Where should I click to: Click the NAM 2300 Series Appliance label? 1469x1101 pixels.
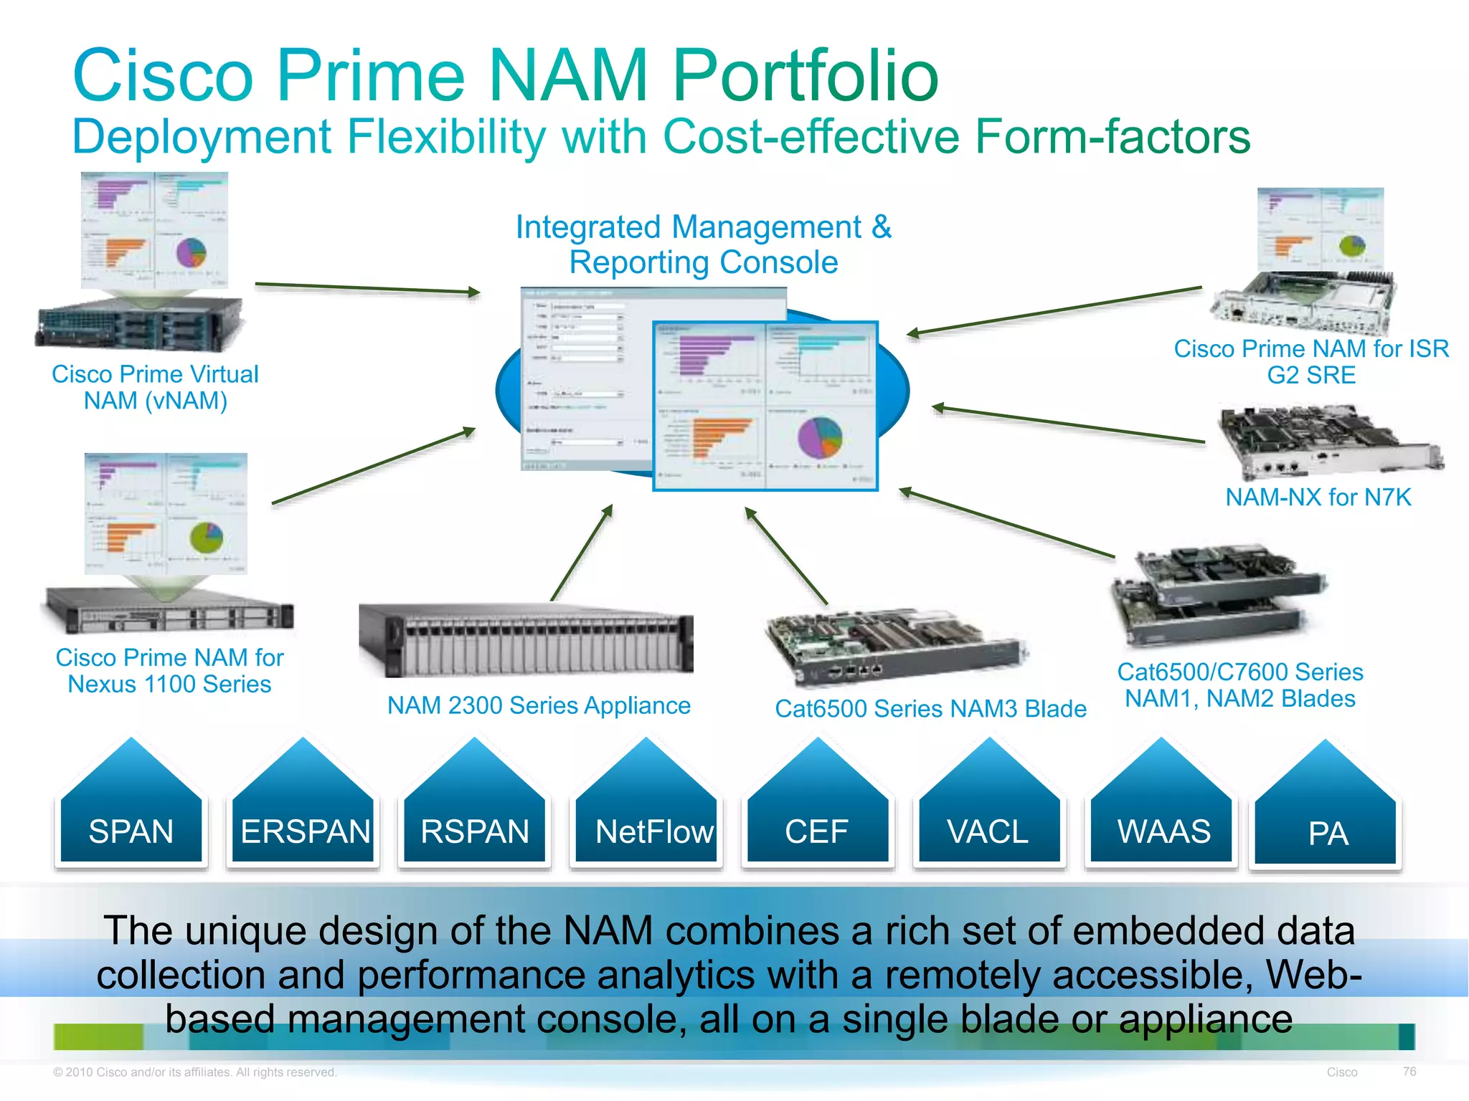(x=539, y=705)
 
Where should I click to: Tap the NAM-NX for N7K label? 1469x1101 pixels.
(x=1318, y=497)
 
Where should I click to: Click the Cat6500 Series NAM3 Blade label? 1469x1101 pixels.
(x=930, y=708)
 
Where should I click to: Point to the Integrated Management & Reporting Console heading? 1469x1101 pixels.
(x=704, y=244)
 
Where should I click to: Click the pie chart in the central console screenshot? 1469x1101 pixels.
(x=820, y=437)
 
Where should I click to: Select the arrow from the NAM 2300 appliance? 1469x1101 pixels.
(x=582, y=552)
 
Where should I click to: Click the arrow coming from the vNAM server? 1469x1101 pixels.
(x=367, y=288)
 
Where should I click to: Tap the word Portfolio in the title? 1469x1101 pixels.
(x=805, y=75)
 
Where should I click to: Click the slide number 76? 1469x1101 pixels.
(x=1409, y=1071)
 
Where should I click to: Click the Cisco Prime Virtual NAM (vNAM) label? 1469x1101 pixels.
(x=156, y=387)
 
